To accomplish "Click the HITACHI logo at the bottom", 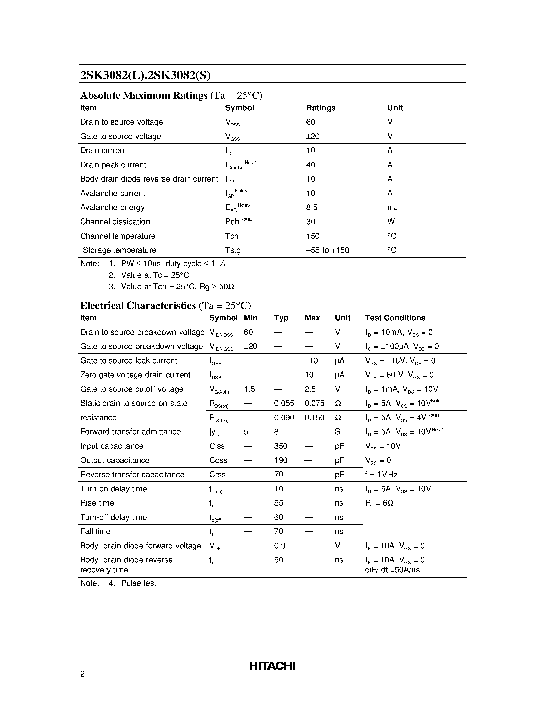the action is coord(272,666).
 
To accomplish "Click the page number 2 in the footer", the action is coord(82,674).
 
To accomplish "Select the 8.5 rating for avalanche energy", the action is coord(312,208).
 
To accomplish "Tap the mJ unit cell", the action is coord(392,208).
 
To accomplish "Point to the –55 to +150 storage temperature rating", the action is coord(328,250).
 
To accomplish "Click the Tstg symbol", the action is coord(233,250).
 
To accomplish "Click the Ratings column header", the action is coord(321,108).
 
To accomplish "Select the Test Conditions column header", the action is coord(395,318).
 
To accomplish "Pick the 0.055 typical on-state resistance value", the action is coord(284,403).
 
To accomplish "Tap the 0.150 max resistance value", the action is coord(314,417).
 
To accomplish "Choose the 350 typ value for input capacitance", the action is coord(281,446).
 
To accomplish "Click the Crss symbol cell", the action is coord(217,475).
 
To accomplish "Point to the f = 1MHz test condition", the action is coord(381,475).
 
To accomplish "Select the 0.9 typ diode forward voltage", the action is coord(280,546).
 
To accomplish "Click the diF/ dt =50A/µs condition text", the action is coord(392,570).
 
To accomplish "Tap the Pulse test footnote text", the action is coord(138,583).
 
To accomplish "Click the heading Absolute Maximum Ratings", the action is coord(144,96).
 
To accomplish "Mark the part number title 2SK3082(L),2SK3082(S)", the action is coord(145,75).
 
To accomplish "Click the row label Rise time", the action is coord(97,503).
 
